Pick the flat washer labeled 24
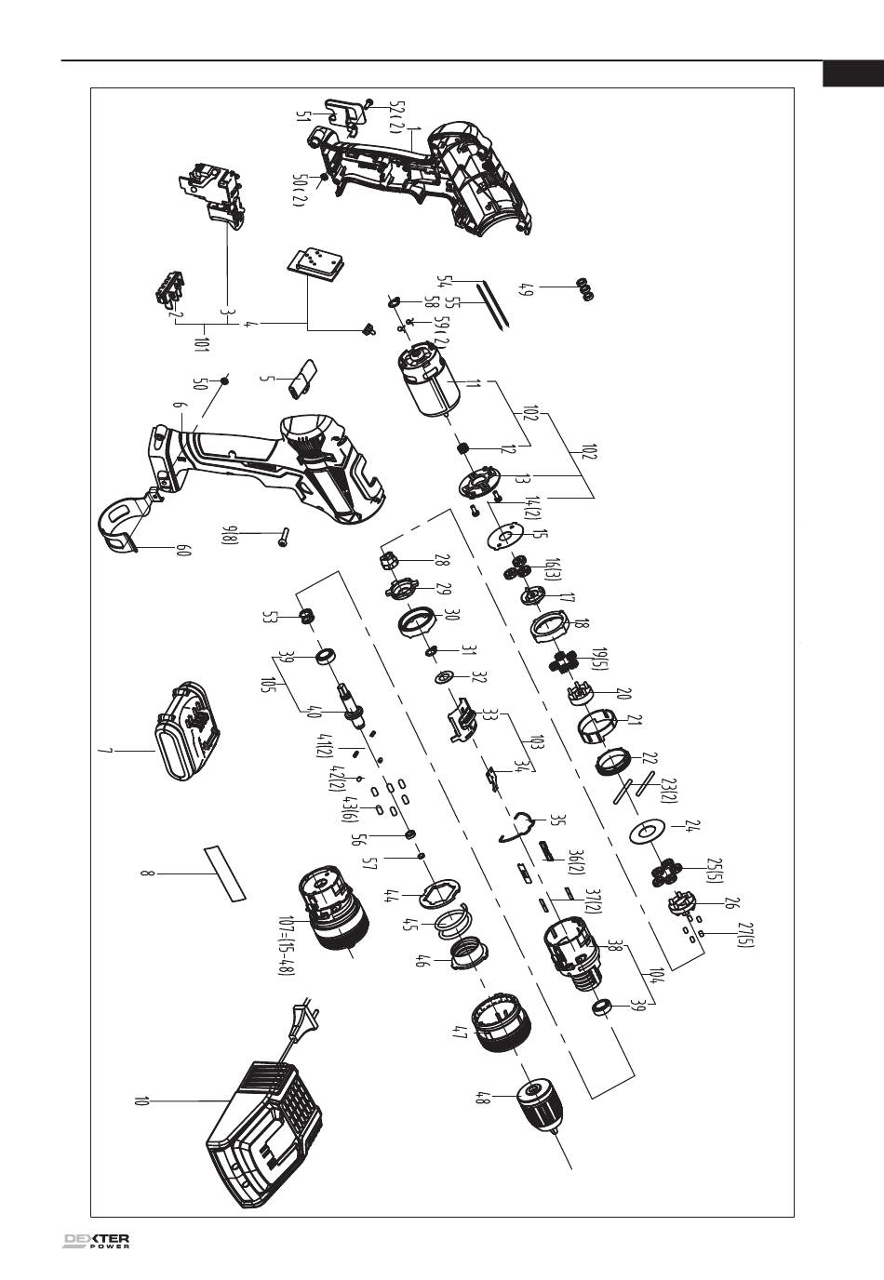pyautogui.click(x=647, y=831)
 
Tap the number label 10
pyautogui.click(x=142, y=1103)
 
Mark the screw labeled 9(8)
pyautogui.click(x=282, y=537)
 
